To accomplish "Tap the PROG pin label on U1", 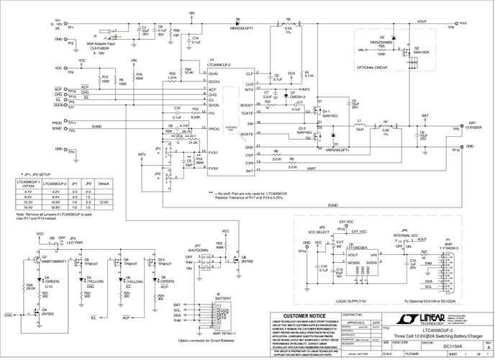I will coord(213,127).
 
